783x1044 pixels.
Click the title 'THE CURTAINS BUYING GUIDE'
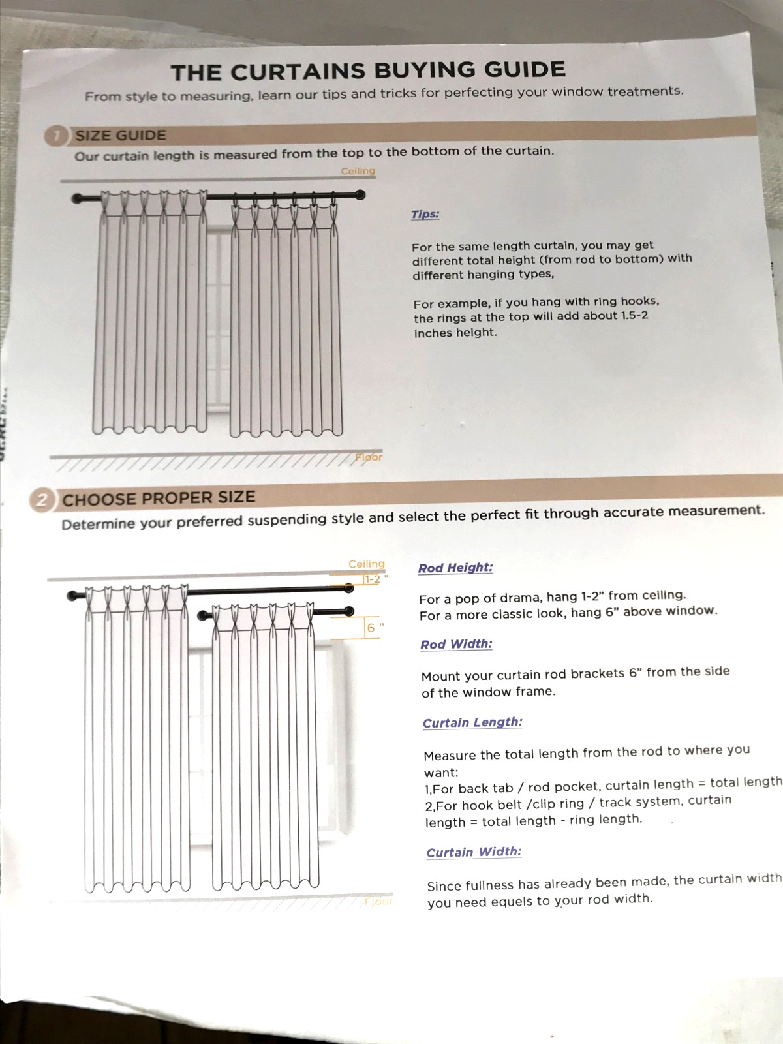point(368,71)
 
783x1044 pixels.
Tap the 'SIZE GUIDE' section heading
point(121,136)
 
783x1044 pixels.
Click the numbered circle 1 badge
point(56,136)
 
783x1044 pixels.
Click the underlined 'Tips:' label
point(425,215)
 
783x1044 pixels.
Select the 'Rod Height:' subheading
point(455,568)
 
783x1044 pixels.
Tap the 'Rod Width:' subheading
point(456,645)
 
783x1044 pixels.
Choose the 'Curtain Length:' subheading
point(472,722)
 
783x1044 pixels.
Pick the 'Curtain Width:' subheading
point(474,852)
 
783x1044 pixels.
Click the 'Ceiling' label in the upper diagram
point(358,171)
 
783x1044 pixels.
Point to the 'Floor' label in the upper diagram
point(369,457)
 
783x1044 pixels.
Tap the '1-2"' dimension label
point(374,579)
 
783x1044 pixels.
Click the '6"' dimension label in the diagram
point(375,628)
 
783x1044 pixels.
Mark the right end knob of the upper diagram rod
point(360,194)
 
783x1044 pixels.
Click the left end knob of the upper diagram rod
point(76,199)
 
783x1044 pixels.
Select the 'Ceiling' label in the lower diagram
point(367,564)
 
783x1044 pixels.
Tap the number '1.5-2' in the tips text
point(634,316)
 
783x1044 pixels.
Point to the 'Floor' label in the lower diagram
point(378,901)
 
